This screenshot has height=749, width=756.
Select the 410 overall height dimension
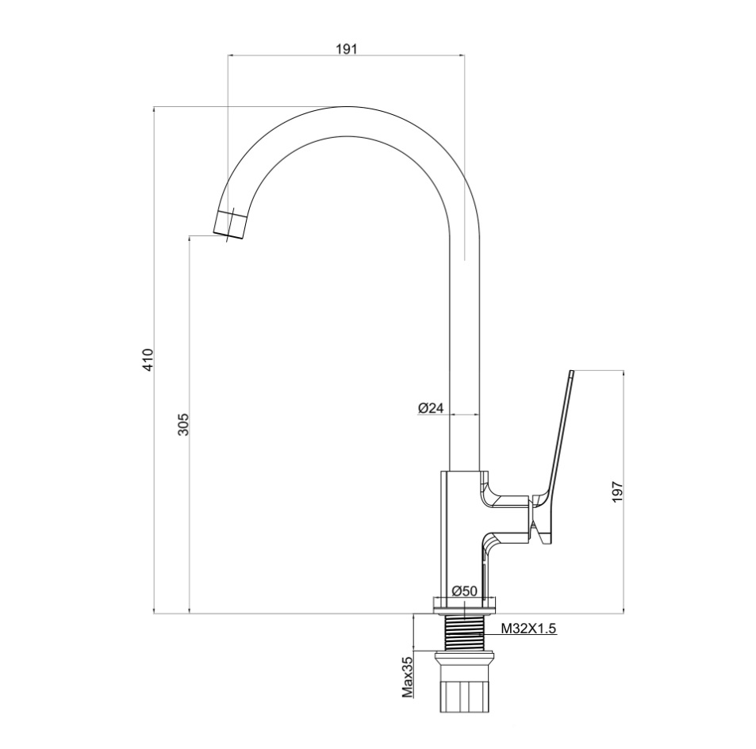point(148,359)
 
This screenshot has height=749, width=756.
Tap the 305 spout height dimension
point(184,424)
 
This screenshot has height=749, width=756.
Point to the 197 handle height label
point(618,491)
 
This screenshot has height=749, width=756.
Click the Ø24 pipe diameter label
point(430,408)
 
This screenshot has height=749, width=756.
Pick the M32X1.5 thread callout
point(529,628)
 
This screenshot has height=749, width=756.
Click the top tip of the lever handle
point(572,371)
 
